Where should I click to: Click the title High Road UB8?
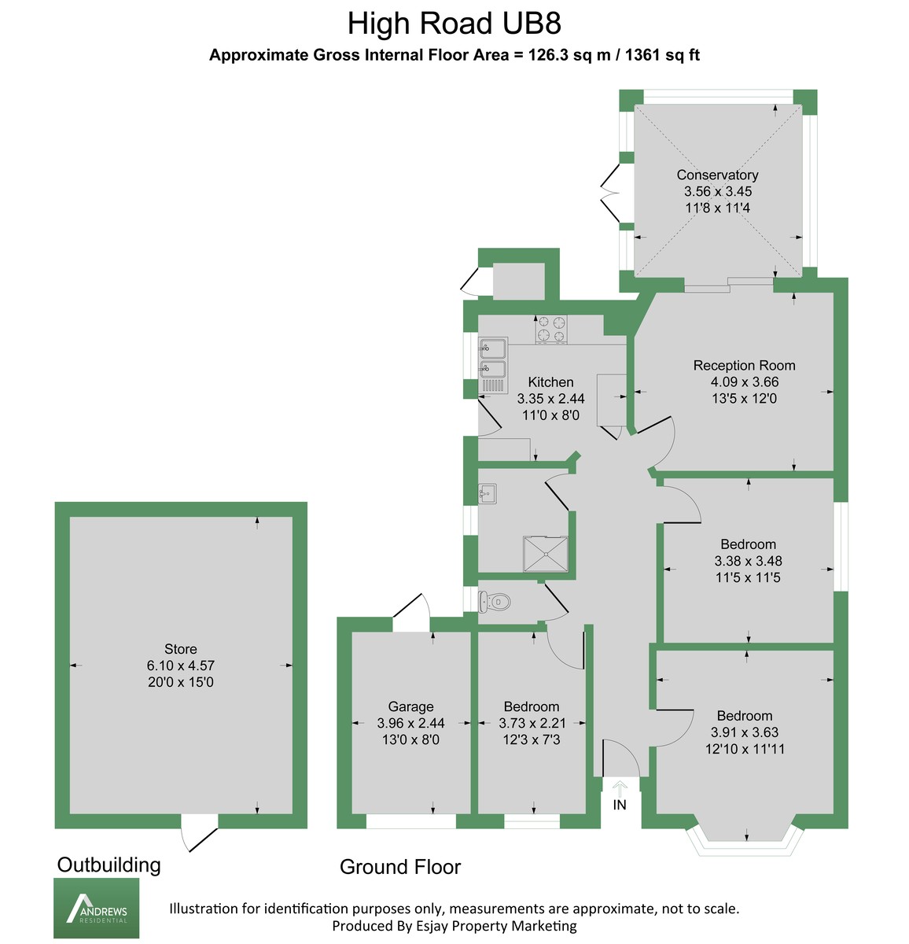454,24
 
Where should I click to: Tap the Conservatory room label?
717,175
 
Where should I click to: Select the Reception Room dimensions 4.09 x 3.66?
744,382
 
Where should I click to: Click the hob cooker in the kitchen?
550,329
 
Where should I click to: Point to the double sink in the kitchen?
493,358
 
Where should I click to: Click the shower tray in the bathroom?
546,552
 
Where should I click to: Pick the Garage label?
410,706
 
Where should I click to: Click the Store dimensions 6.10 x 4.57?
181,666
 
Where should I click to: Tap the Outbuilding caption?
109,865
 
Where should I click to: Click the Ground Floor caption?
399,867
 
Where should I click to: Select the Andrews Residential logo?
96,909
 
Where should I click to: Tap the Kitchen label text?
550,382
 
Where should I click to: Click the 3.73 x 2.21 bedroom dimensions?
532,723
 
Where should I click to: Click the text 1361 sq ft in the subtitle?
662,55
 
